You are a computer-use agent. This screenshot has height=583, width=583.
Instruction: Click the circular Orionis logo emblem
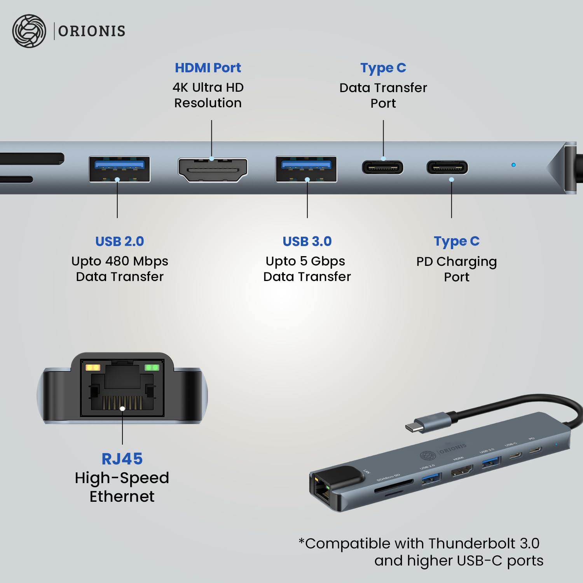(29, 31)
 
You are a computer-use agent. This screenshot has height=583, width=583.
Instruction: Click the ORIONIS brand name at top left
(92, 31)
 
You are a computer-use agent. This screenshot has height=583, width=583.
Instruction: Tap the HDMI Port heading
(208, 68)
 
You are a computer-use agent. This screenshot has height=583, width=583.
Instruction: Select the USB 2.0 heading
(120, 241)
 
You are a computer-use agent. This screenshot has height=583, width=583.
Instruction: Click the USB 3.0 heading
(307, 241)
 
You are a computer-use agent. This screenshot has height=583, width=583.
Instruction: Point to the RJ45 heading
(122, 459)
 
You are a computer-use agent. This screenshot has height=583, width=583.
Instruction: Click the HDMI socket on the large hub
(213, 170)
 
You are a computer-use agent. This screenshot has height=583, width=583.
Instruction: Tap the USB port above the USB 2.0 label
(119, 169)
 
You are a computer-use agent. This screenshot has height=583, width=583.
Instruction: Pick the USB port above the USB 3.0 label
(306, 169)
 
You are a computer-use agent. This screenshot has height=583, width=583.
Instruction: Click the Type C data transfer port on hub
(382, 168)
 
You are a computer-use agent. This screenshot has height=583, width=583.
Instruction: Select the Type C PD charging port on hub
(447, 168)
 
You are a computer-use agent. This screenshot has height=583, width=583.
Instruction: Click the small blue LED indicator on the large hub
(513, 165)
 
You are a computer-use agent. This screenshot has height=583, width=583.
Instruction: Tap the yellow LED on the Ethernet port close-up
(93, 367)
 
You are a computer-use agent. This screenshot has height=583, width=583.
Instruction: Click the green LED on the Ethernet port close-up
(152, 367)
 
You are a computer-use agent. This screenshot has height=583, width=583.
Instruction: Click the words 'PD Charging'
(457, 262)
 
